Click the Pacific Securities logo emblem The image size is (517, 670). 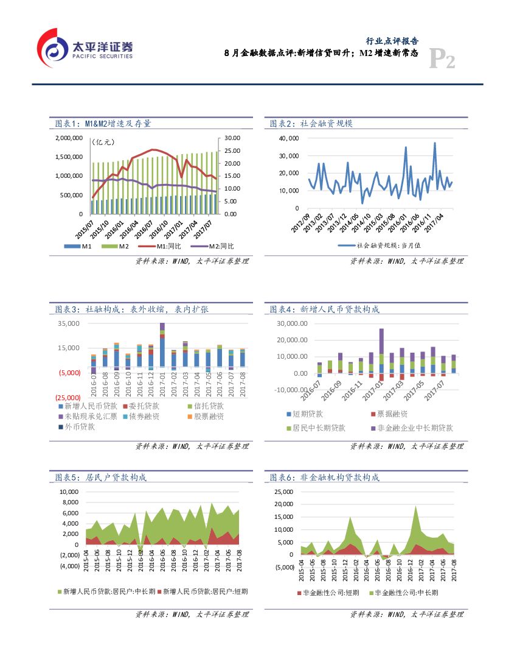53,48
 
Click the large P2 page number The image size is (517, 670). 442,60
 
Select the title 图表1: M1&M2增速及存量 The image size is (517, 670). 103,123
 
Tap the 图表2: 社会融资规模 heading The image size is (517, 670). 311,123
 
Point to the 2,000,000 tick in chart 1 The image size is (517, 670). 69,138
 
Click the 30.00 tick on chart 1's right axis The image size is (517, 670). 233,138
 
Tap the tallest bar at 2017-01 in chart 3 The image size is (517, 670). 162,345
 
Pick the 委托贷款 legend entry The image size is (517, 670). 139,406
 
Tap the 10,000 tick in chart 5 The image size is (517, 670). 69,492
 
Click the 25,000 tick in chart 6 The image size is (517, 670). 285,492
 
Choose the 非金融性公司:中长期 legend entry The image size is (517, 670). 403,592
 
